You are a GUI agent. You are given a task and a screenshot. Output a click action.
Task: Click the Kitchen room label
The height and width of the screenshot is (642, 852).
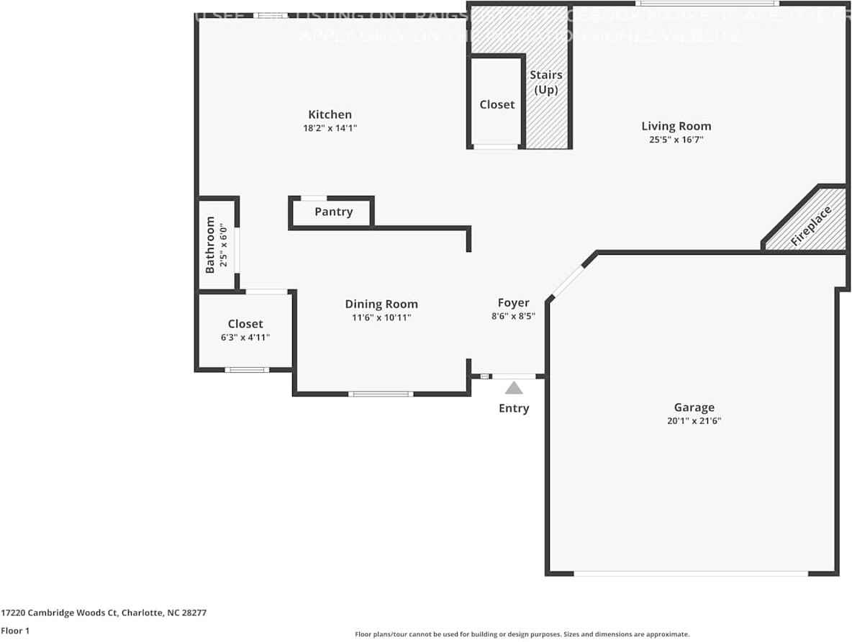pyautogui.click(x=330, y=114)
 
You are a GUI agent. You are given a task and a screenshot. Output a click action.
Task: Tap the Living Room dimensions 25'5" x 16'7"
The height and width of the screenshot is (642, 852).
pyautogui.click(x=676, y=140)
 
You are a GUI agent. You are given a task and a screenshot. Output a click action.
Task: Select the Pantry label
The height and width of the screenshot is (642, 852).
pyautogui.click(x=333, y=212)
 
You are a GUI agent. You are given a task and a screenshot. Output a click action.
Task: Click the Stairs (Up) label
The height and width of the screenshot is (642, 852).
pyautogui.click(x=545, y=82)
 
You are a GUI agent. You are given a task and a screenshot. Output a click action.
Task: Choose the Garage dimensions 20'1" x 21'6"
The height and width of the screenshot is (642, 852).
pyautogui.click(x=694, y=421)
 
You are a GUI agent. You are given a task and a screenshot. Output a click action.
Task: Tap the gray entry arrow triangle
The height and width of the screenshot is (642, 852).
pyautogui.click(x=513, y=388)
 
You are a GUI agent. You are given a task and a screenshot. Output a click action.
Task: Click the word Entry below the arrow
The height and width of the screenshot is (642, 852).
pyautogui.click(x=514, y=408)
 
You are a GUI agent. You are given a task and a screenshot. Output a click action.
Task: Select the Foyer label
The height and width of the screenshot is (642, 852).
pyautogui.click(x=513, y=303)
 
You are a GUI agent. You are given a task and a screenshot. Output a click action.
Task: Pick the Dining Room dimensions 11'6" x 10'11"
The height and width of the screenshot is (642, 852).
pyautogui.click(x=381, y=317)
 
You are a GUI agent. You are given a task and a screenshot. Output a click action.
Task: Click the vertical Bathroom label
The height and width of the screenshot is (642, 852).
pyautogui.click(x=210, y=245)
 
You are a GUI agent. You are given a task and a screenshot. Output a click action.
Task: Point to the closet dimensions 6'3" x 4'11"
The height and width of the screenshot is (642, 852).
pyautogui.click(x=245, y=337)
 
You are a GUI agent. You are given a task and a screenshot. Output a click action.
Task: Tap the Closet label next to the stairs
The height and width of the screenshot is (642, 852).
pyautogui.click(x=497, y=104)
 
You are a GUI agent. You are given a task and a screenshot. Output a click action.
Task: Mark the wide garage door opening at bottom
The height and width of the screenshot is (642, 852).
pyautogui.click(x=691, y=574)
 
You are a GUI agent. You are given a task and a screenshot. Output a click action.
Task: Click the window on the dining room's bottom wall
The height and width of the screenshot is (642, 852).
pyautogui.click(x=381, y=394)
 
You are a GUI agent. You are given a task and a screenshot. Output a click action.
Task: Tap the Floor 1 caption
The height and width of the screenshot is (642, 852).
pyautogui.click(x=15, y=631)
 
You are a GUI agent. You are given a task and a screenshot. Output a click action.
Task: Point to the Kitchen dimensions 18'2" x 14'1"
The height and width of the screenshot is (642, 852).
pyautogui.click(x=330, y=128)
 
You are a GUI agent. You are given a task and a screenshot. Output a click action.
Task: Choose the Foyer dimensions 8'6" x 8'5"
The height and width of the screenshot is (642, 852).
pyautogui.click(x=513, y=316)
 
